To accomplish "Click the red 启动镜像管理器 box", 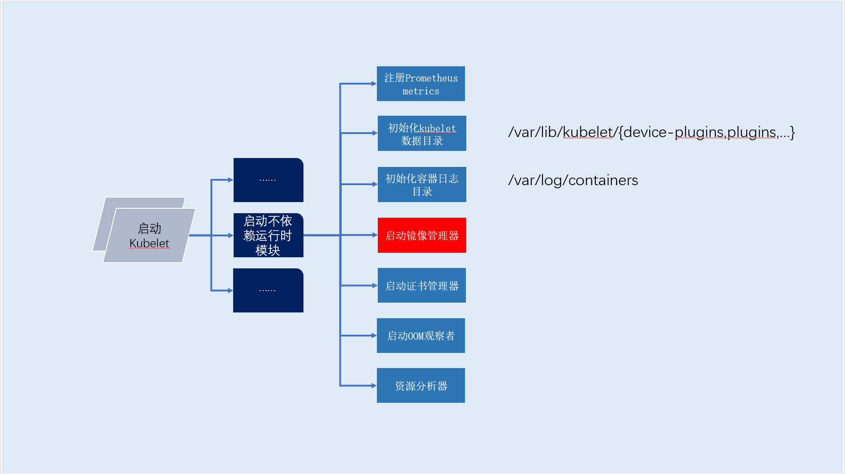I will point(421,235).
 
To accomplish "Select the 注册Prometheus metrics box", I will point(420,84).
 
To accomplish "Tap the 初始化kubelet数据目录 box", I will point(421,133).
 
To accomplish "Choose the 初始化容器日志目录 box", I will point(421,184).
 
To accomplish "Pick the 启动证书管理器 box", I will point(421,285).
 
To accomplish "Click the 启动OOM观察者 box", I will point(420,336).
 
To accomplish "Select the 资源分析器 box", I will point(420,385).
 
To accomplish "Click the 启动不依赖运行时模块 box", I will point(268,235).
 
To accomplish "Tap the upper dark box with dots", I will point(268,180).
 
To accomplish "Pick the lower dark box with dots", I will point(268,290).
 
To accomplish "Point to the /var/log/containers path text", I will point(573,180).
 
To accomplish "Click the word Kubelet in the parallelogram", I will point(149,243).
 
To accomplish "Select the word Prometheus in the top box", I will point(431,78).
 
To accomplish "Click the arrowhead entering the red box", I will point(375,235).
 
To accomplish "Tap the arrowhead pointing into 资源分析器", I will point(374,385).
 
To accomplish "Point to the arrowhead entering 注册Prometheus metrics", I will point(374,84).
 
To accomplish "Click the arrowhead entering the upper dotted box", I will point(230,180).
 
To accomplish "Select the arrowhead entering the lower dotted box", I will point(230,290).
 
